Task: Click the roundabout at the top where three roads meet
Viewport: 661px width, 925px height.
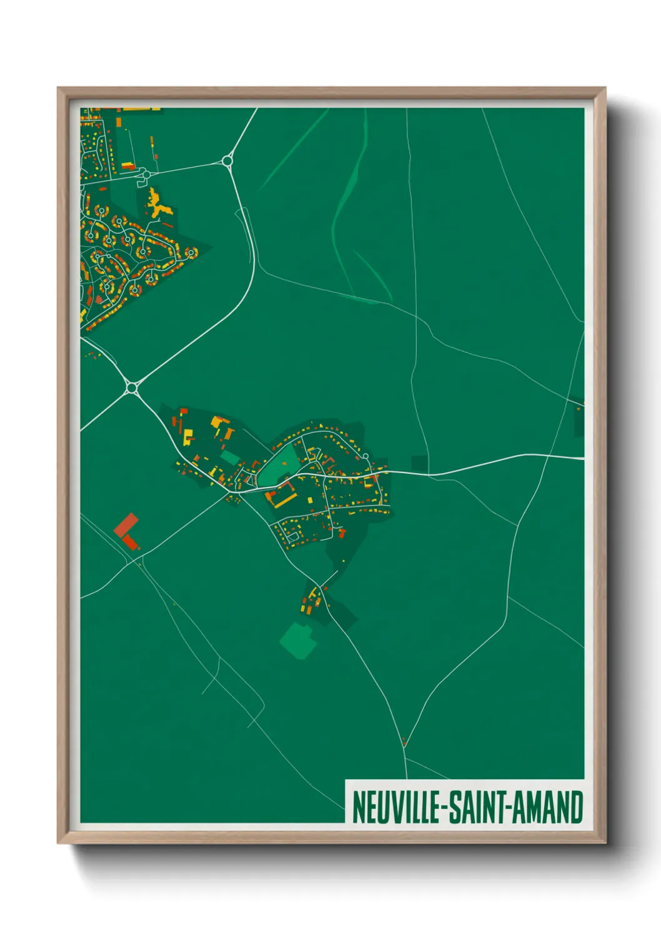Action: point(227,161)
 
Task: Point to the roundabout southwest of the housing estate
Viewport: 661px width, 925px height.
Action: point(131,388)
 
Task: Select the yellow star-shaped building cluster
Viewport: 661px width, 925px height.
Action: point(157,204)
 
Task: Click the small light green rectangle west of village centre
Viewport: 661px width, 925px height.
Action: point(229,458)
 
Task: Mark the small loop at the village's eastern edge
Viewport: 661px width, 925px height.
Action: point(365,457)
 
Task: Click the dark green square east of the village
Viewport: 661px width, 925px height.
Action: point(419,464)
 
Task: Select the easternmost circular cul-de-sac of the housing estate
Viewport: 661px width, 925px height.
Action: point(191,253)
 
